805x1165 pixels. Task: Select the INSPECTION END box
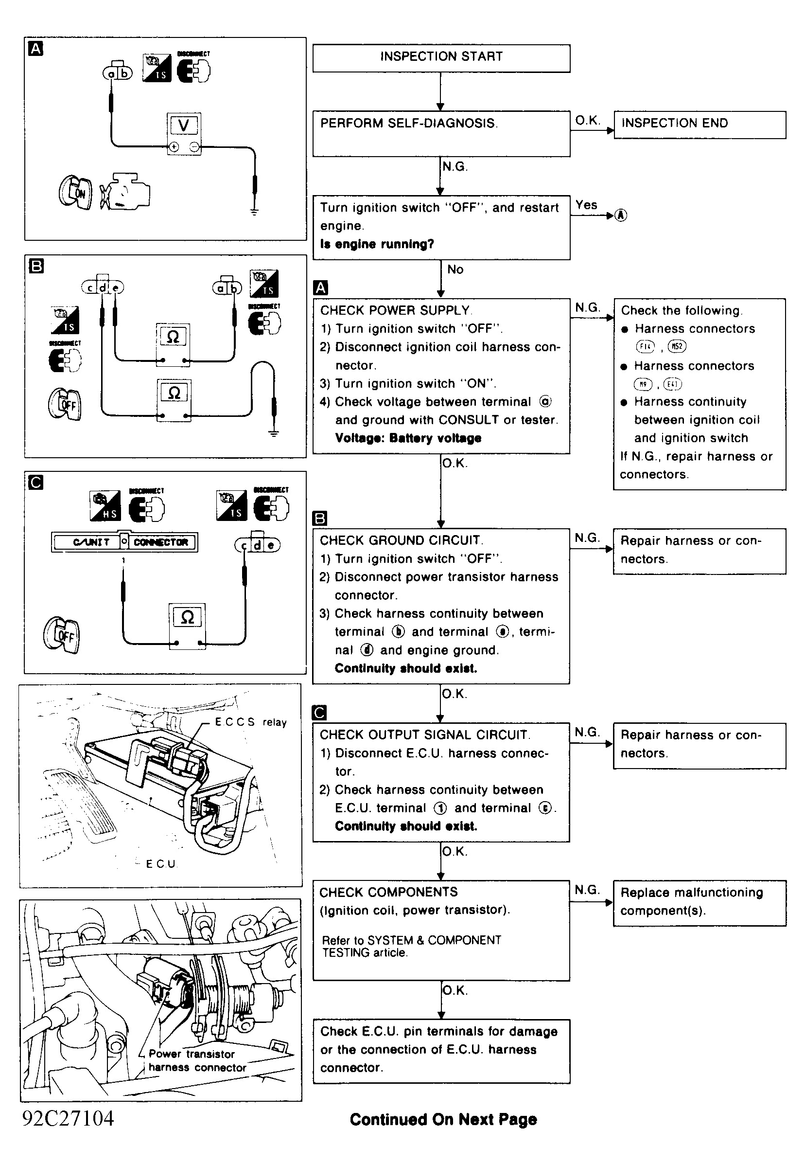point(700,124)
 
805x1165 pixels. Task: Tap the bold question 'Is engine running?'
point(377,244)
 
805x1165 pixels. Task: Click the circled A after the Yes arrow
point(621,215)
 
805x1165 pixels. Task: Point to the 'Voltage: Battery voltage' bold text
point(408,438)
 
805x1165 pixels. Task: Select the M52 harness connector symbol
point(677,347)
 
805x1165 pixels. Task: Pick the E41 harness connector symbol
point(672,385)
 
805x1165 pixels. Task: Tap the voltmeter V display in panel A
point(184,125)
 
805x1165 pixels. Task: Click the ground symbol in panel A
point(254,212)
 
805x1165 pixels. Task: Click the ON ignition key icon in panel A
point(76,193)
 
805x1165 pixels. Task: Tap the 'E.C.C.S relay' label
point(251,722)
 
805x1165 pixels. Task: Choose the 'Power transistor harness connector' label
point(197,1061)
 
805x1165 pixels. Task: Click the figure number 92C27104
point(68,1119)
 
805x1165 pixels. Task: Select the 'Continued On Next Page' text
point(443,1120)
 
